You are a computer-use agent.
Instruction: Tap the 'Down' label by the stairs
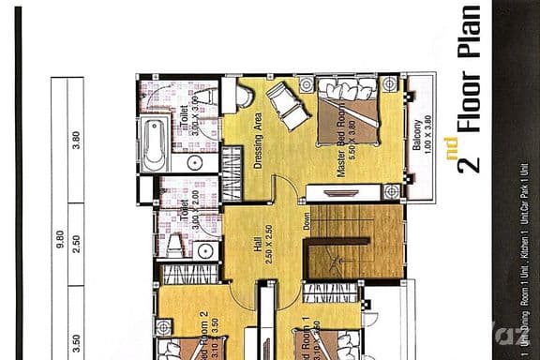(307, 222)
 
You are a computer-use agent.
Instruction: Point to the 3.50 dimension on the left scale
(76, 335)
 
